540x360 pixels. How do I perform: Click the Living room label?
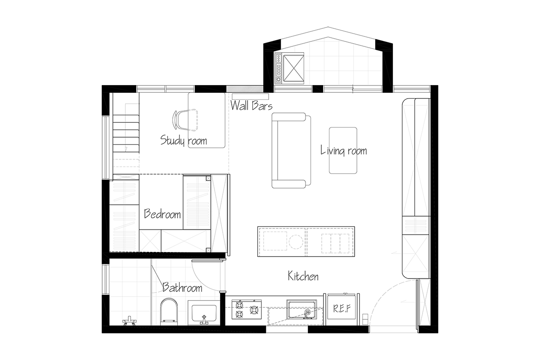343,151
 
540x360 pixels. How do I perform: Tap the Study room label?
184,140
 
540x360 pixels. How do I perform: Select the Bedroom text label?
162,214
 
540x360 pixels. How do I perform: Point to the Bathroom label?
182,287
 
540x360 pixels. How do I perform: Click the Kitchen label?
303,276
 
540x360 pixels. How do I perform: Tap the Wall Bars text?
252,106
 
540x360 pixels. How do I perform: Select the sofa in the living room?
291,150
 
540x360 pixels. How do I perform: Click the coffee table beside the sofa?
343,150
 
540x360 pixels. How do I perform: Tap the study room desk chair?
185,120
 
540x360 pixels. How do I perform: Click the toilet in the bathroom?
169,312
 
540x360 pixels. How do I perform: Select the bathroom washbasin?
204,313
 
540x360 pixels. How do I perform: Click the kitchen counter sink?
301,309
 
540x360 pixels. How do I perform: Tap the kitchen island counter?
306,241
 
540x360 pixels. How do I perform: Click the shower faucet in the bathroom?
130,321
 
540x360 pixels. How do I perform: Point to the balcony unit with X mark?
289,68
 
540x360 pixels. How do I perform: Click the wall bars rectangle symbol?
250,96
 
